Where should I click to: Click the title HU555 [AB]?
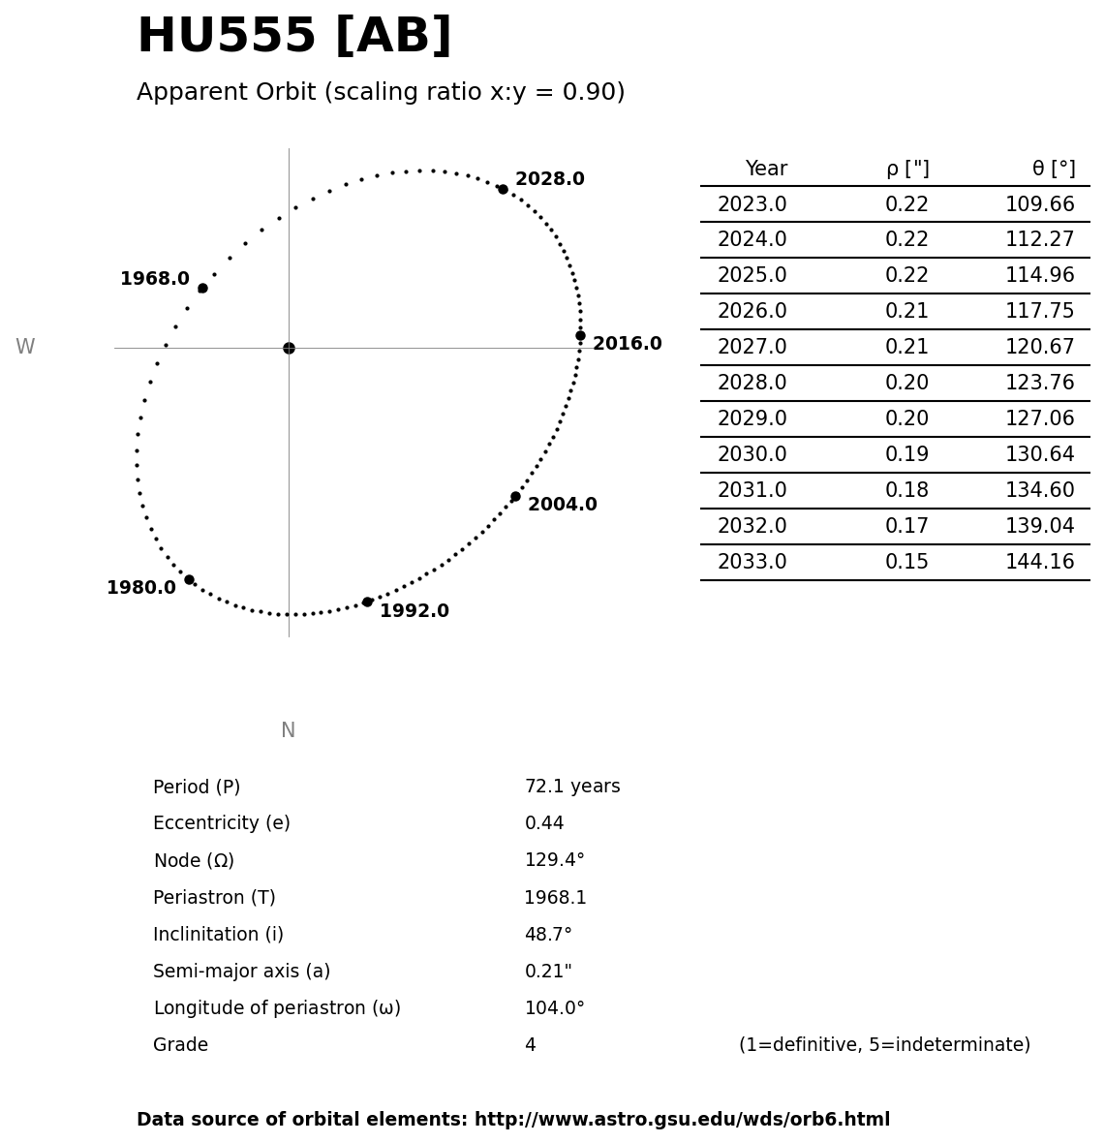click(293, 37)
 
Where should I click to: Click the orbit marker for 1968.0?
click(202, 288)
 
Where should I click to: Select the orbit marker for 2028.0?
click(503, 189)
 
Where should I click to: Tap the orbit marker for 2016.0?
click(580, 335)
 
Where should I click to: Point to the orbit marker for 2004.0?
click(515, 496)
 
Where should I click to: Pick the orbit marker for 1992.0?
click(367, 602)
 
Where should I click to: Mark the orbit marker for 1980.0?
click(189, 579)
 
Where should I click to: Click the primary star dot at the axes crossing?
click(289, 348)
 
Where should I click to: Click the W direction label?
click(25, 347)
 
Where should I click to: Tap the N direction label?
click(288, 730)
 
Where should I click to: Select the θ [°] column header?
click(1053, 169)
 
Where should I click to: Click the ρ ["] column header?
click(906, 169)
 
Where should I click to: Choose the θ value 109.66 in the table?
click(1039, 204)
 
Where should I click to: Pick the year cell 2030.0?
click(752, 454)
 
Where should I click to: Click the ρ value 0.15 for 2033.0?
click(906, 562)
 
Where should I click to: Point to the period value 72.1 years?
click(571, 787)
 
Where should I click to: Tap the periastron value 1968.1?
click(555, 898)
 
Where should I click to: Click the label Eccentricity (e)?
click(221, 823)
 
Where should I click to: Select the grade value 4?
click(530, 1045)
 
